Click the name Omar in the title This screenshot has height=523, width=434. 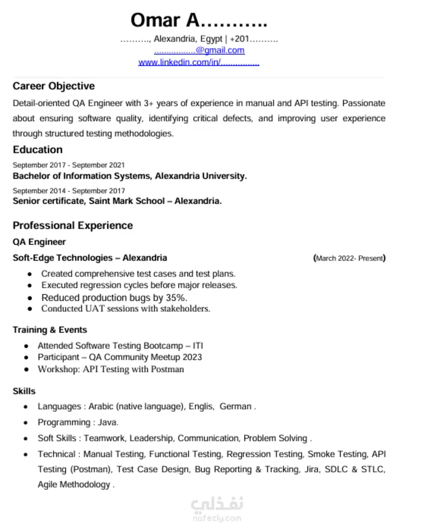click(x=155, y=20)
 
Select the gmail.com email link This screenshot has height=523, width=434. click(x=199, y=50)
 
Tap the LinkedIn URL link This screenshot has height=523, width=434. click(x=199, y=62)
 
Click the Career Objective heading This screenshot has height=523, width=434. click(x=54, y=86)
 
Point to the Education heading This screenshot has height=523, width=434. click(x=37, y=150)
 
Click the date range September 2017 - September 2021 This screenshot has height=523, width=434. click(x=69, y=165)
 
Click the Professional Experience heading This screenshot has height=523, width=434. click(x=73, y=225)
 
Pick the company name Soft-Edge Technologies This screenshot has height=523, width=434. click(x=62, y=258)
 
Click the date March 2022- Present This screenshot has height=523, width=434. click(x=349, y=259)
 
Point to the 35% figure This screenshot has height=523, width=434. click(x=177, y=298)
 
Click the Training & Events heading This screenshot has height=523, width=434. click(x=50, y=330)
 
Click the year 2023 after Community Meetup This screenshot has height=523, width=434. click(x=192, y=357)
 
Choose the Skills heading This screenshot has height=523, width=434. click(x=24, y=391)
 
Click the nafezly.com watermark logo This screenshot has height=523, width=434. click(x=216, y=508)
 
